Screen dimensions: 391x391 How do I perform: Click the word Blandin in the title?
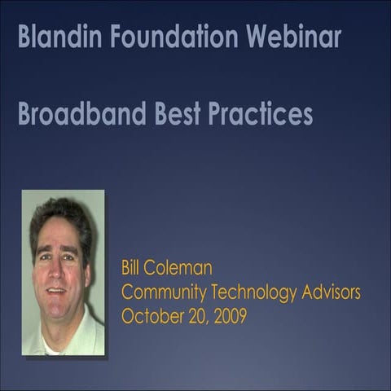click(x=55, y=37)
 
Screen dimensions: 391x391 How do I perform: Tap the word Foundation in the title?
click(x=167, y=37)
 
